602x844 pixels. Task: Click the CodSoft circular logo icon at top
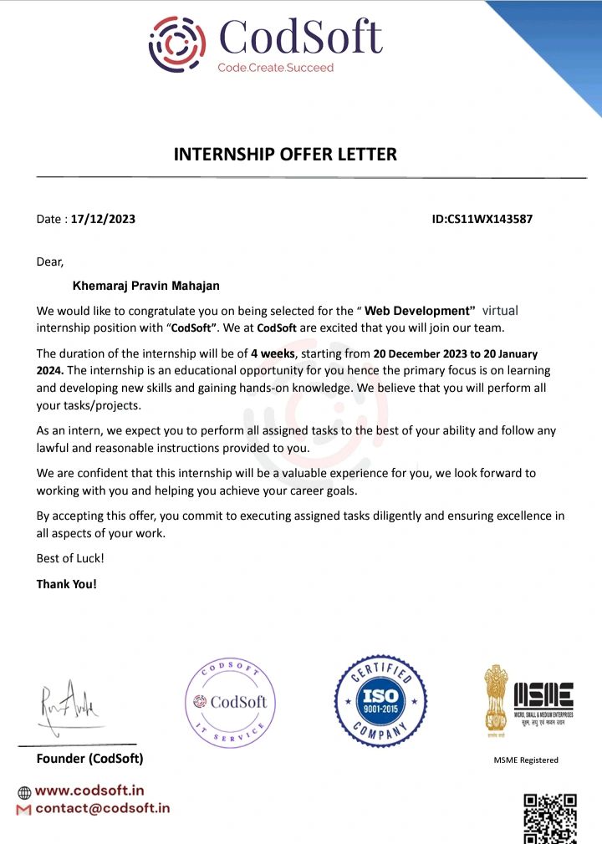pos(177,43)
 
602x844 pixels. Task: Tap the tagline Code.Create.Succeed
pos(275,68)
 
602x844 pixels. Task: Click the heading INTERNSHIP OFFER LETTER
pos(285,155)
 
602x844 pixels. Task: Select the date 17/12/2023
pos(103,220)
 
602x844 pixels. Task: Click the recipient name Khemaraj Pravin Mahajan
pos(146,286)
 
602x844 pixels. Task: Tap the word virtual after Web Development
pos(500,310)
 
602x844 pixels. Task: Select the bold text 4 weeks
pos(273,353)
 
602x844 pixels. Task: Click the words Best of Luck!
pos(70,557)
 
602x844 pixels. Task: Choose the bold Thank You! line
pos(67,584)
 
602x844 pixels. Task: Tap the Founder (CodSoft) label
pos(89,759)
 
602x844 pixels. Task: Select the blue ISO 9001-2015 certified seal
pos(380,700)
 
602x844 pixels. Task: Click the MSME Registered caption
pos(526,760)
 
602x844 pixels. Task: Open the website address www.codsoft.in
pos(89,790)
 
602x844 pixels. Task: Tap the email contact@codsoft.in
pos(102,808)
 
